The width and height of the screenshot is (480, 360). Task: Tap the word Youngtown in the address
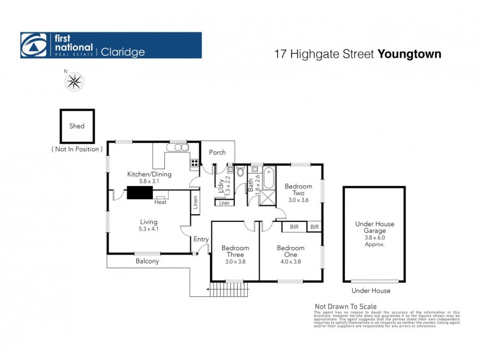(x=410, y=54)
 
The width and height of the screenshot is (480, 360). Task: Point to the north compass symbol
(x=74, y=81)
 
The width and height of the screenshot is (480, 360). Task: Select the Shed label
(x=77, y=126)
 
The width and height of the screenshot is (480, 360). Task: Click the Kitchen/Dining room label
(x=149, y=175)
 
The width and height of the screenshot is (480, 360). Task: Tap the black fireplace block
(x=139, y=192)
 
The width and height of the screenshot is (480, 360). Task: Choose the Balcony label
(x=147, y=261)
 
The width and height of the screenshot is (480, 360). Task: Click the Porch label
(x=217, y=152)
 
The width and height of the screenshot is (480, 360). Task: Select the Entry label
(x=201, y=239)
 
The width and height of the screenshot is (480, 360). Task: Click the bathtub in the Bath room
(x=268, y=176)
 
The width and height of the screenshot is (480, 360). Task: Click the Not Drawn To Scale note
(x=346, y=305)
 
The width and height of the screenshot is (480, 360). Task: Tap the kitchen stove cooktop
(x=194, y=161)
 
